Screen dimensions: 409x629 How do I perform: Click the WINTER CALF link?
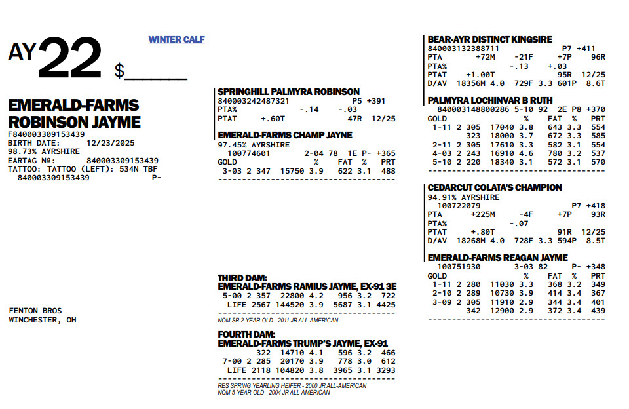point(176,39)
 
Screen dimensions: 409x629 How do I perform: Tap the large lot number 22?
point(69,59)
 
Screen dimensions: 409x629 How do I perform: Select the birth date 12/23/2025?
point(104,143)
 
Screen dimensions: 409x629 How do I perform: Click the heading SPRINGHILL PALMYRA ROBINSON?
point(288,92)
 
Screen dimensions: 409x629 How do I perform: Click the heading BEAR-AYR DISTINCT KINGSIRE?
point(489,39)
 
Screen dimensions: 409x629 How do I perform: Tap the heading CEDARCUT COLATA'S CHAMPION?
point(495,187)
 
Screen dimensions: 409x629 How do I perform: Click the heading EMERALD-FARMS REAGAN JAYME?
point(497,258)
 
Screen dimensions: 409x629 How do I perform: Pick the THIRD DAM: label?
point(242,278)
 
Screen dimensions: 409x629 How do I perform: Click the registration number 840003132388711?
point(463,49)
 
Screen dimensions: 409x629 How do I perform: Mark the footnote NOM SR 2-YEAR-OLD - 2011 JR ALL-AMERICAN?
point(278,321)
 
